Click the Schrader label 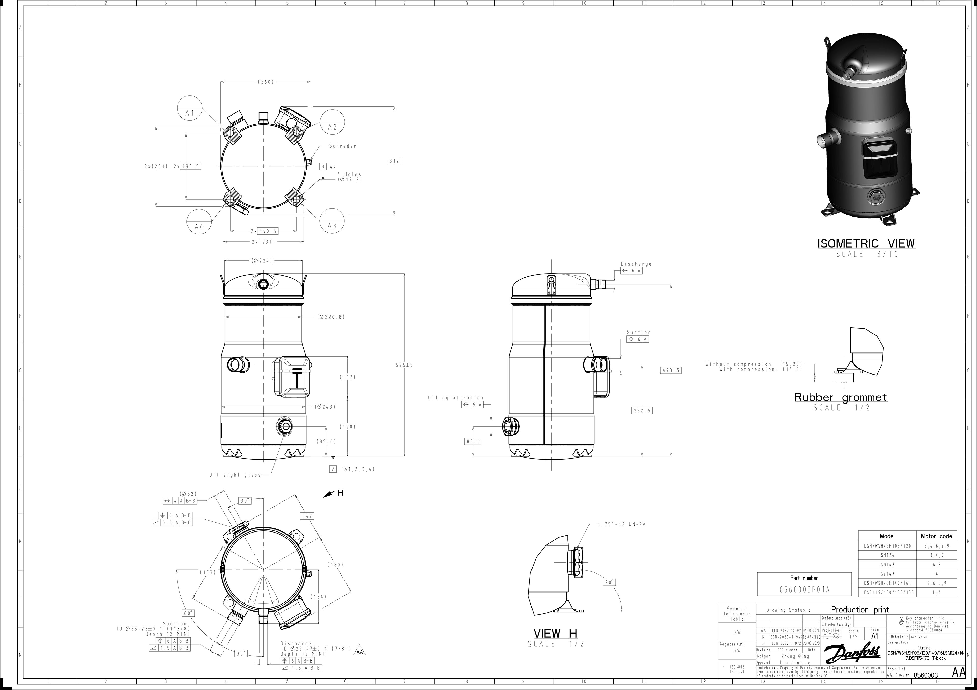tap(342, 146)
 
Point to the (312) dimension tap(394, 161)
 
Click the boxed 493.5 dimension tap(671, 370)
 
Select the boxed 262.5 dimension tap(642, 410)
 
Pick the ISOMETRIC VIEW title tap(866, 244)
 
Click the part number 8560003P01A tap(804, 590)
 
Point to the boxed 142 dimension tap(307, 516)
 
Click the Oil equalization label tap(456, 398)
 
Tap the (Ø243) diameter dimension tap(325, 407)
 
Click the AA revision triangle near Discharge tap(360, 652)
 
